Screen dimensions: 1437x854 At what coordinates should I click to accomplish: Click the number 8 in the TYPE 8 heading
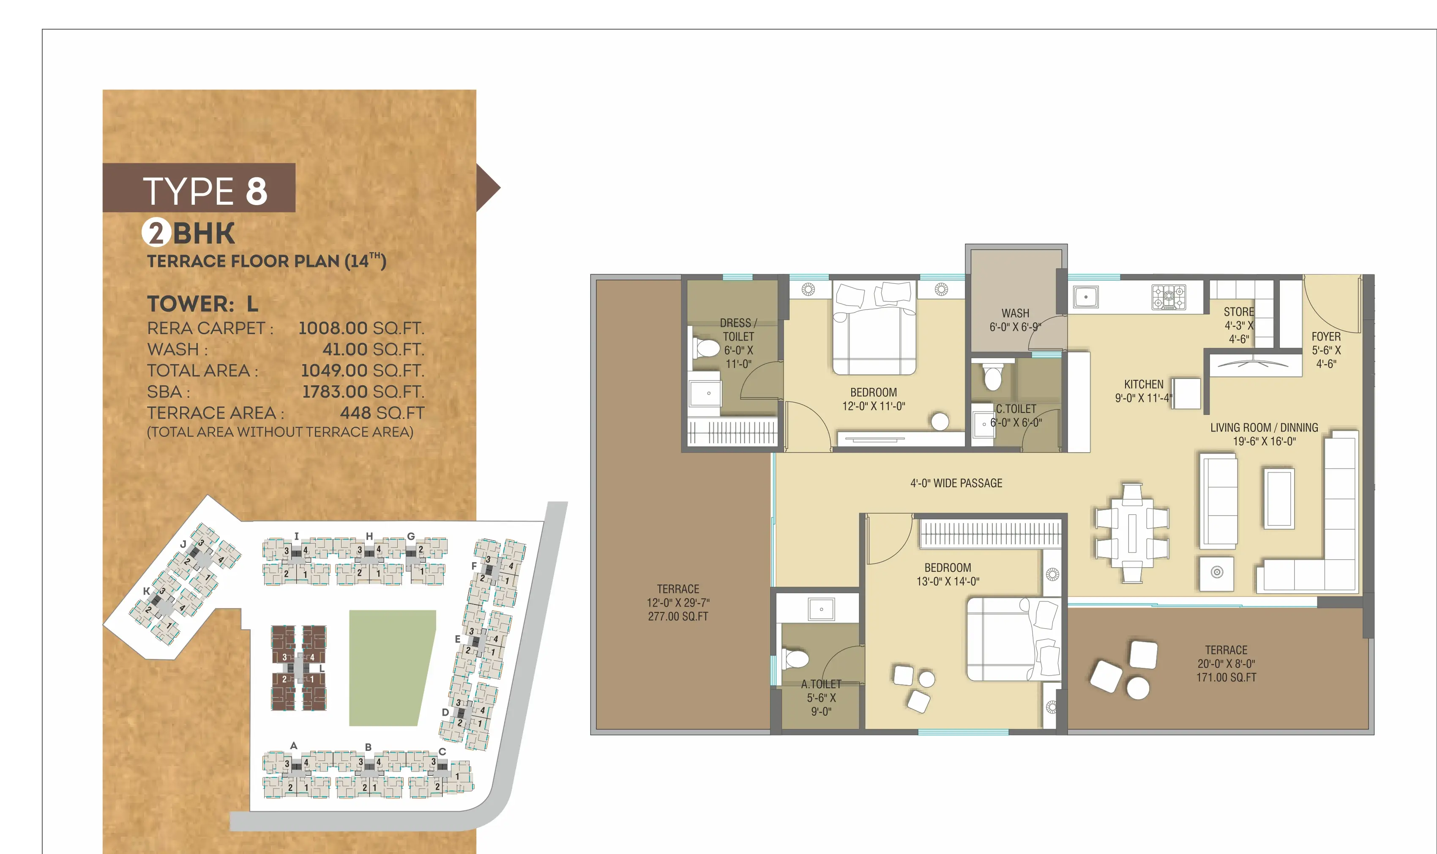[x=257, y=191]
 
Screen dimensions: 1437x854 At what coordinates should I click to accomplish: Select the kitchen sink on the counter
[x=1086, y=297]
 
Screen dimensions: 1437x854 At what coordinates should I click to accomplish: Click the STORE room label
[x=1239, y=312]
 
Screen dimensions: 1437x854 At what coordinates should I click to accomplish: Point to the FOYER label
[x=1326, y=337]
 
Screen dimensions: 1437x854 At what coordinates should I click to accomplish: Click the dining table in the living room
[x=1132, y=533]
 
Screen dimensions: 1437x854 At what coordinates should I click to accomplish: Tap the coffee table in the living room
[x=1279, y=498]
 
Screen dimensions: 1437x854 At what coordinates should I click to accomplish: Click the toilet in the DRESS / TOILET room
[x=705, y=348]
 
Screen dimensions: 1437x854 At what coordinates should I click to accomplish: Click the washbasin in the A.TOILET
[x=821, y=609]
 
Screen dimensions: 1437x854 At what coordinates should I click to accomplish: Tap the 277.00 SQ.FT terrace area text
[x=678, y=616]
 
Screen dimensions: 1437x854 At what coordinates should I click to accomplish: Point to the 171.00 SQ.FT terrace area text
[x=1226, y=677]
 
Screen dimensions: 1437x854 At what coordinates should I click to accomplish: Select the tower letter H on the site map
[x=369, y=536]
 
